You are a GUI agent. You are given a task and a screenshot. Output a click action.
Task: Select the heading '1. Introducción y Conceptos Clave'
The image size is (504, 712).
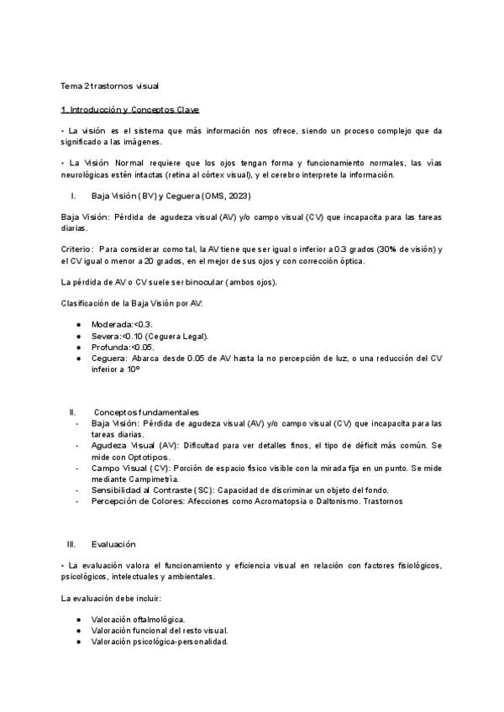(x=129, y=110)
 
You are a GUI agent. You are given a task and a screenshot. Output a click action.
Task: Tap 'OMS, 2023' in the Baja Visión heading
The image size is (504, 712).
(x=202, y=196)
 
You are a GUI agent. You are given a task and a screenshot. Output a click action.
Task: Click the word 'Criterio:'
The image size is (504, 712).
(x=78, y=249)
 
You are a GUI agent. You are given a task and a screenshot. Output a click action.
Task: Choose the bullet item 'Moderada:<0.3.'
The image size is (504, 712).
(x=122, y=324)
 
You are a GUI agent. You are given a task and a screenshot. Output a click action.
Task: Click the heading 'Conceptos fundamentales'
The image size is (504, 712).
(x=146, y=412)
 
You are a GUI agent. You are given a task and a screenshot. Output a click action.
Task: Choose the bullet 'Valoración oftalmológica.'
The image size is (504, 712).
(x=138, y=620)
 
